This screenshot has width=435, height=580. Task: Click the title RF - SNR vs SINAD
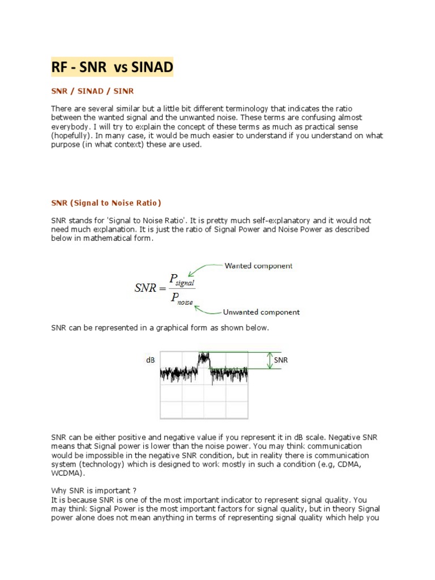[112, 68]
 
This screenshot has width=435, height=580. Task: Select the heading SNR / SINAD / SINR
[92, 91]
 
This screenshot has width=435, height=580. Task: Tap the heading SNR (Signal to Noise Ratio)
[106, 203]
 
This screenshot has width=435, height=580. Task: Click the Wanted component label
[258, 266]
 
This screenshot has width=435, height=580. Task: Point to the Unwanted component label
[262, 312]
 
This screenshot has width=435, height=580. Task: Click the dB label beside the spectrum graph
[151, 360]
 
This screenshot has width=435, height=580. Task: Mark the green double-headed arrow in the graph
[271, 361]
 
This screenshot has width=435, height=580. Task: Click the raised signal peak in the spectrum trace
[203, 358]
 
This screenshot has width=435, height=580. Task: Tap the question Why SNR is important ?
[93, 491]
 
